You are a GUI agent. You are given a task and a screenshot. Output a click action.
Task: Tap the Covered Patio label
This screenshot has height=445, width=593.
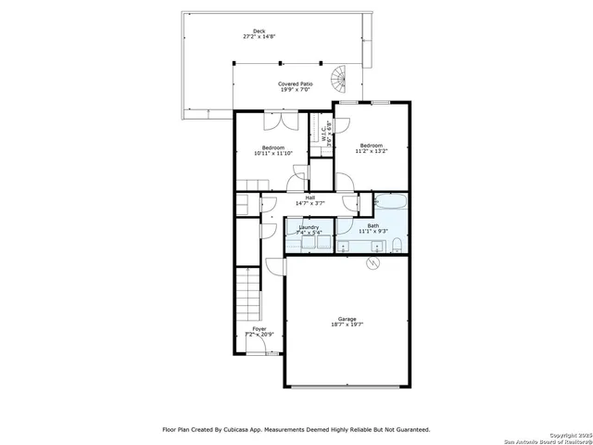296,84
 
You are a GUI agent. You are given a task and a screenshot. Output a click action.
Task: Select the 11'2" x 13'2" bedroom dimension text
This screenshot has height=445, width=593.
372,151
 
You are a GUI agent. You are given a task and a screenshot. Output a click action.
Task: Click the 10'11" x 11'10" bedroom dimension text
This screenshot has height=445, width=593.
272,154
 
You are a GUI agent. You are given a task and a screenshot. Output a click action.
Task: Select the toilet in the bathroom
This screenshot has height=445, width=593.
397,245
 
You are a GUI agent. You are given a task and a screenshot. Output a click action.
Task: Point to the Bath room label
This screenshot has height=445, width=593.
372,225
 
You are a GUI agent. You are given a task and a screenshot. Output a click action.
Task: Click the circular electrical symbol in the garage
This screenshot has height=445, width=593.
372,263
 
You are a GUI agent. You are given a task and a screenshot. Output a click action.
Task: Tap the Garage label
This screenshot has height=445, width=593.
347,319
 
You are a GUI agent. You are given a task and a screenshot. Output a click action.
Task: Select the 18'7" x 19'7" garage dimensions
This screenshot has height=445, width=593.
347,324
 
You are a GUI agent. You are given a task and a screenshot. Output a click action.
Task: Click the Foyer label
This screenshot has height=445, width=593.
259,328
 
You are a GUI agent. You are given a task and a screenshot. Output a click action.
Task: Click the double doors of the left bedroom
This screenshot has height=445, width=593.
277,121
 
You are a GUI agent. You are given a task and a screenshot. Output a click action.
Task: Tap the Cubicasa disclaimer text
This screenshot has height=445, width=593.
296,429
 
